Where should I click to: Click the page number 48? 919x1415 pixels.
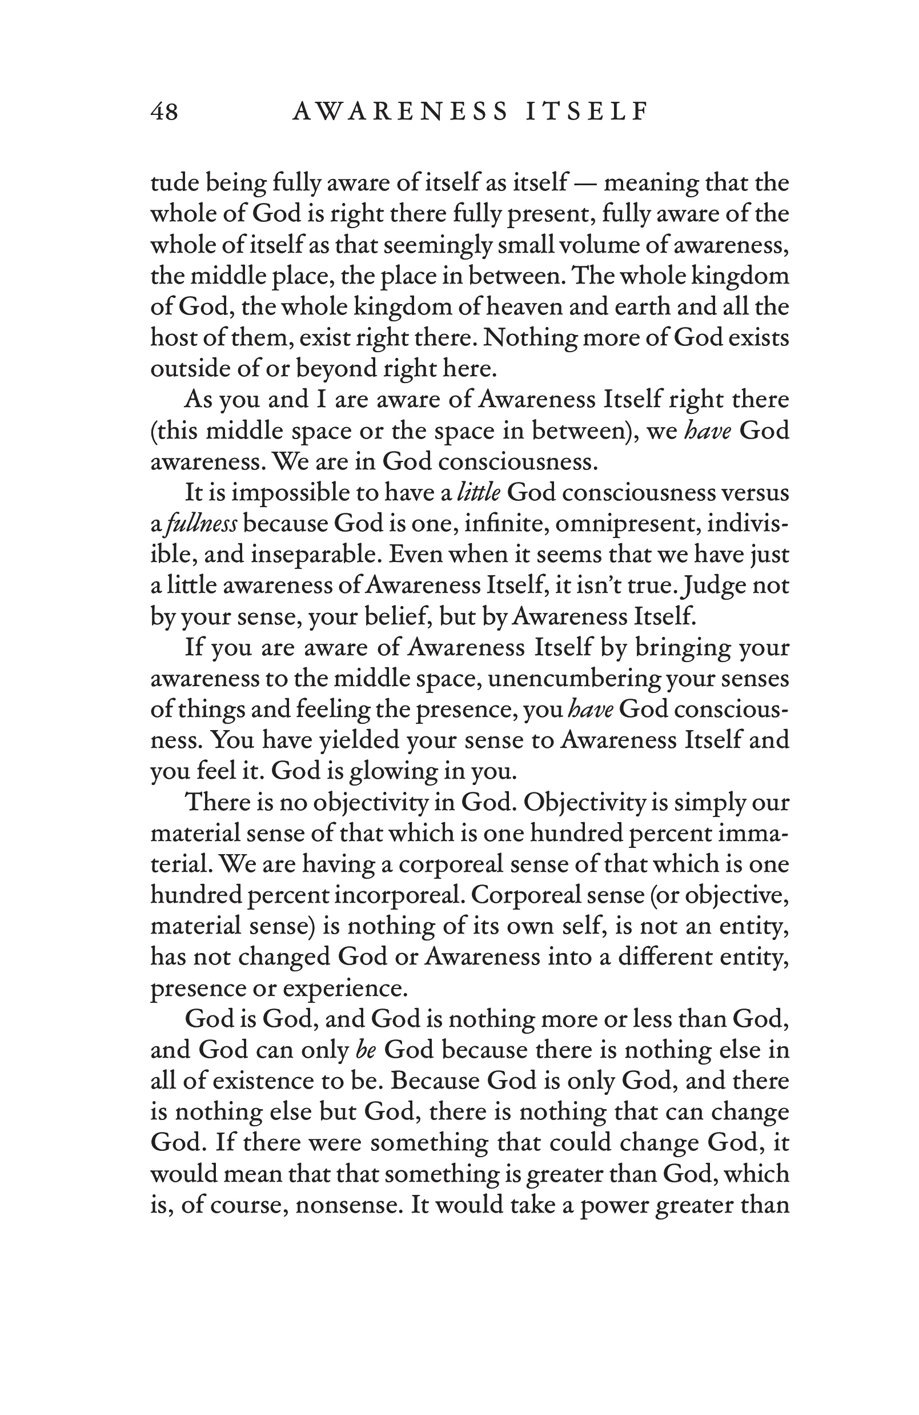164,112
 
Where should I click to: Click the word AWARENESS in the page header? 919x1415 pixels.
400,112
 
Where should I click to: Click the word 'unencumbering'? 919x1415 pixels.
574,679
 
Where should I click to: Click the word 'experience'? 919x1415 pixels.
344,988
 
